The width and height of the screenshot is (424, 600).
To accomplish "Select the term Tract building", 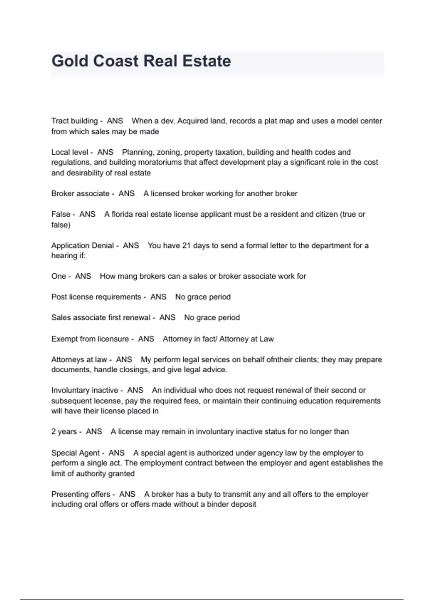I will pos(74,121).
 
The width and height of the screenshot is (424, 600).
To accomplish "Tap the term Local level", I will pos(70,152).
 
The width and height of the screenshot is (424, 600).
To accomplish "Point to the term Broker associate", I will pos(80,193).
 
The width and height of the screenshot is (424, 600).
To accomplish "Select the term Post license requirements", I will pos(96,297).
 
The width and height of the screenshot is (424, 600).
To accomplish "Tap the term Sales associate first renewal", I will pos(101,318).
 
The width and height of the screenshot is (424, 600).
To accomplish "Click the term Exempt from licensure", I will pos(90,339).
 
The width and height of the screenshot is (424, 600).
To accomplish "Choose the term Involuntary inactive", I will pos(85,390).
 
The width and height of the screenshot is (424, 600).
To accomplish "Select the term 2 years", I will pos(64,432).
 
